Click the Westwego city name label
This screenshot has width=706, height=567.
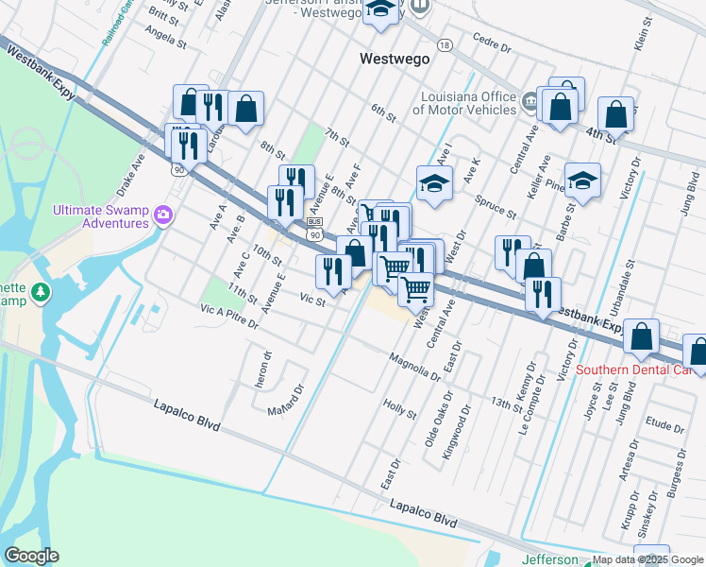click(x=395, y=59)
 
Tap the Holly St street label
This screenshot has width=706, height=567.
click(x=400, y=408)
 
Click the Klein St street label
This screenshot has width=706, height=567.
click(x=644, y=33)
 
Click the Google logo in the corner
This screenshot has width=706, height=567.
click(x=31, y=556)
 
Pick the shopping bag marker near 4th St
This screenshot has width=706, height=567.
click(x=615, y=114)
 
